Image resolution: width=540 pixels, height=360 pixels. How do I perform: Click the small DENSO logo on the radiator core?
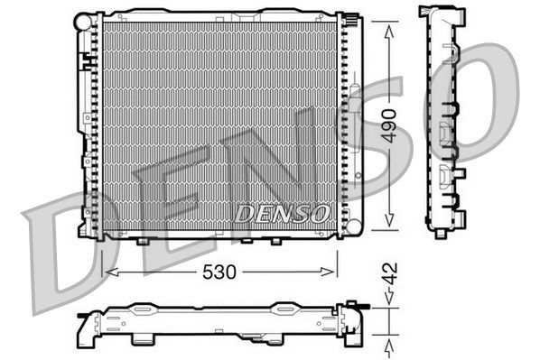pos(282,214)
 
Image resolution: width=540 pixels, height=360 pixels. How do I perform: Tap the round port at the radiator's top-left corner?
pos(84,19)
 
